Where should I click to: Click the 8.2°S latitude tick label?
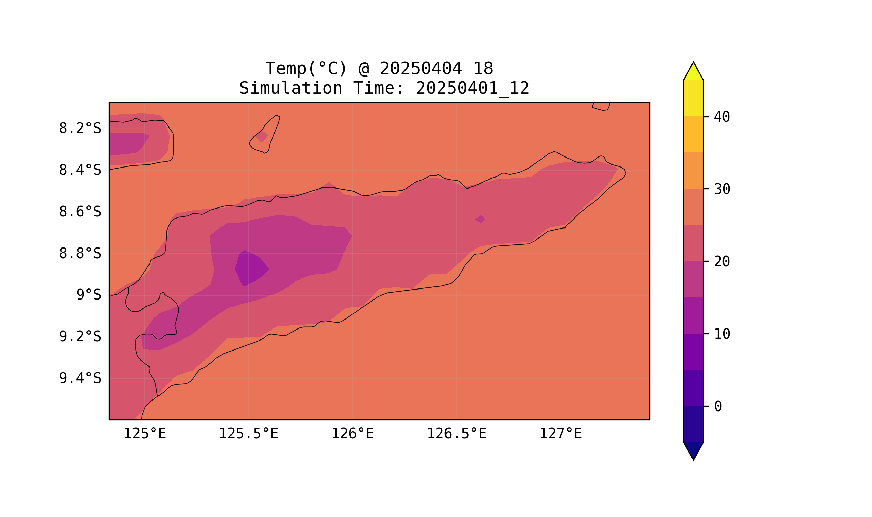coord(80,129)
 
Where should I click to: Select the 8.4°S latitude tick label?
coord(80,170)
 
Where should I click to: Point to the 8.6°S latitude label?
coord(80,212)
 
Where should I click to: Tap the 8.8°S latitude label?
coord(80,254)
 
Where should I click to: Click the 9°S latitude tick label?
coord(89,295)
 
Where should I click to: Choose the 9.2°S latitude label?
coord(80,336)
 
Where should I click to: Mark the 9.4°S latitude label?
coord(80,378)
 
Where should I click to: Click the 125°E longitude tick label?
coord(145,434)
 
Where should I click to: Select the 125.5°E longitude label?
coord(248,434)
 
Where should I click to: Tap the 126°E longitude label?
coord(352,434)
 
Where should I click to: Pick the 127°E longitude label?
coord(560,434)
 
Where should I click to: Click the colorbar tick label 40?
coord(721,117)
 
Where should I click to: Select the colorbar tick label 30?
coord(721,190)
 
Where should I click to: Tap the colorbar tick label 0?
coord(718,407)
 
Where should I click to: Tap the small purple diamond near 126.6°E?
coord(480,219)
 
